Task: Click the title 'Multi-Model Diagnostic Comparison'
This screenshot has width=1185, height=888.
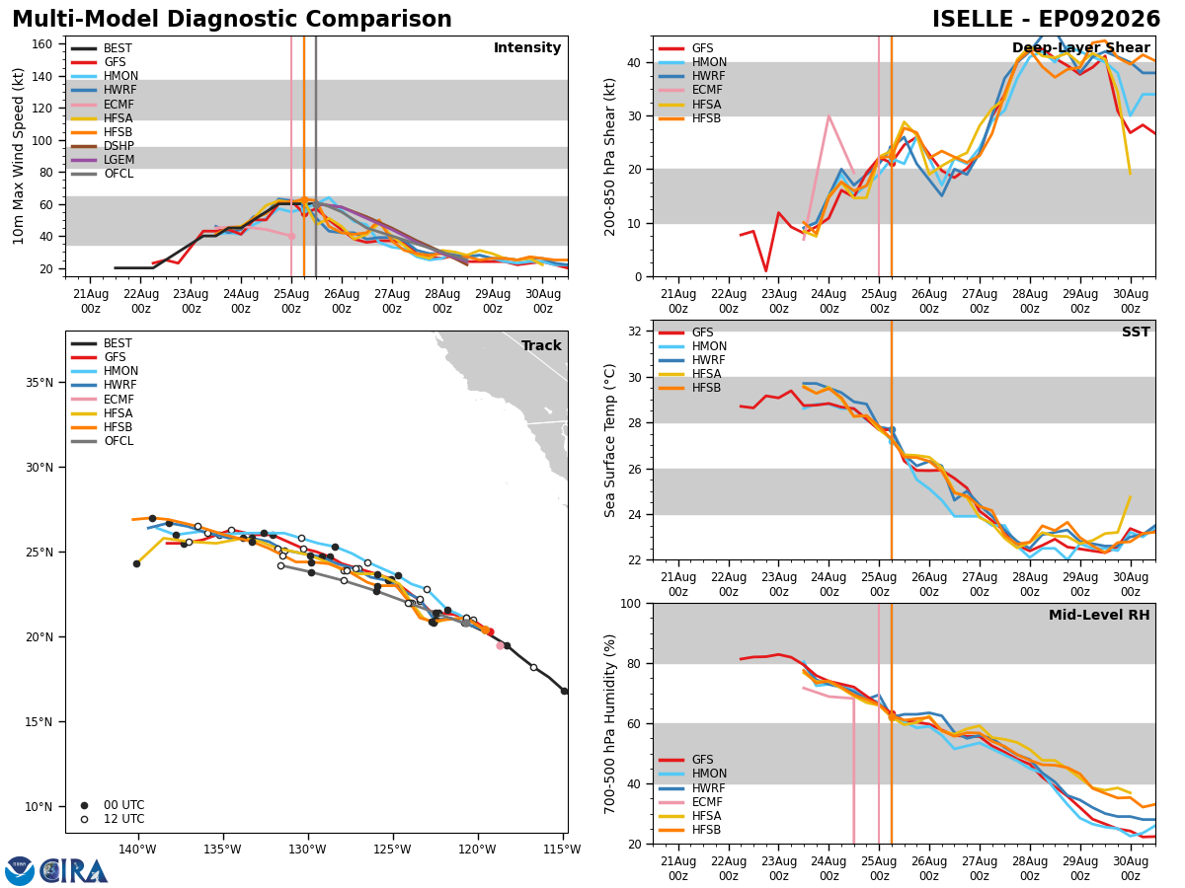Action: pyautogui.click(x=232, y=19)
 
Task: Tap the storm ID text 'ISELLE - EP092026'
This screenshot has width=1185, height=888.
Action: pyautogui.click(x=1046, y=19)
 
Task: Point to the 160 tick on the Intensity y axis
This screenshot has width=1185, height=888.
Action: pyautogui.click(x=42, y=44)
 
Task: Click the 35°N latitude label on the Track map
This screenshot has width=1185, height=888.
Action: pyautogui.click(x=39, y=383)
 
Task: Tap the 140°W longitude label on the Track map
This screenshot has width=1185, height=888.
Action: pyautogui.click(x=137, y=850)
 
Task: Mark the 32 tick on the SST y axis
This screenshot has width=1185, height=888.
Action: pyautogui.click(x=634, y=332)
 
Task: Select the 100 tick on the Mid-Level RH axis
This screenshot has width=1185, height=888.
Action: pyautogui.click(x=631, y=603)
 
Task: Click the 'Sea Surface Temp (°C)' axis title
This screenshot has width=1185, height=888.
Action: pyautogui.click(x=609, y=440)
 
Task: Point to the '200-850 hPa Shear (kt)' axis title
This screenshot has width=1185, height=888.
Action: pyautogui.click(x=609, y=157)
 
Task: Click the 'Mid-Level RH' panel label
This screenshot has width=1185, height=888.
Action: pyautogui.click(x=1099, y=615)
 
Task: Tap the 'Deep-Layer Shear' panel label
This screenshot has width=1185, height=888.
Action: pyautogui.click(x=1081, y=47)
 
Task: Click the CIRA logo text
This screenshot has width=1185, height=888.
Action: pyautogui.click(x=73, y=871)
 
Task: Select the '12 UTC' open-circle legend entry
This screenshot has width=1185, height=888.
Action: pyautogui.click(x=113, y=819)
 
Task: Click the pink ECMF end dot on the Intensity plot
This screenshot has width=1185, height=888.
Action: pyautogui.click(x=291, y=236)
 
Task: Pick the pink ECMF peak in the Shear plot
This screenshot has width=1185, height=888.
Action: pyautogui.click(x=829, y=115)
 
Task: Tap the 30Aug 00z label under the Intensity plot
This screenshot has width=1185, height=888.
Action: pyautogui.click(x=542, y=301)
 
